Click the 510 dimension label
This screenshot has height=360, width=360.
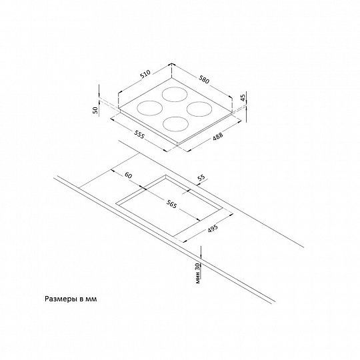coord(145,74)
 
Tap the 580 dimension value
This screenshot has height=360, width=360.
coord(204,79)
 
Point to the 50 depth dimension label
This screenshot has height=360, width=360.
coord(96,110)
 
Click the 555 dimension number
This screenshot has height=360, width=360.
coord(139,134)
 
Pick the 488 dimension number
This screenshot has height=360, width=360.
coord(217,136)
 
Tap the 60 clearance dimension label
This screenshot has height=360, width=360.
coord(129,175)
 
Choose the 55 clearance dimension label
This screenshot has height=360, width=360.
coord(201,178)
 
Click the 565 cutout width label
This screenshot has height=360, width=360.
coord(171,203)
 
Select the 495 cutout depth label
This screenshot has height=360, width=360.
coord(213,228)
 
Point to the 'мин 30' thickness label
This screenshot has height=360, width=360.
coord(198,273)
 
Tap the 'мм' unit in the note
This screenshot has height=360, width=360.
coord(91,299)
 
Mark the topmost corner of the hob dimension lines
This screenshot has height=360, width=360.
coord(172,63)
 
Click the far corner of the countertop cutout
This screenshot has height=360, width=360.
coord(165,175)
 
